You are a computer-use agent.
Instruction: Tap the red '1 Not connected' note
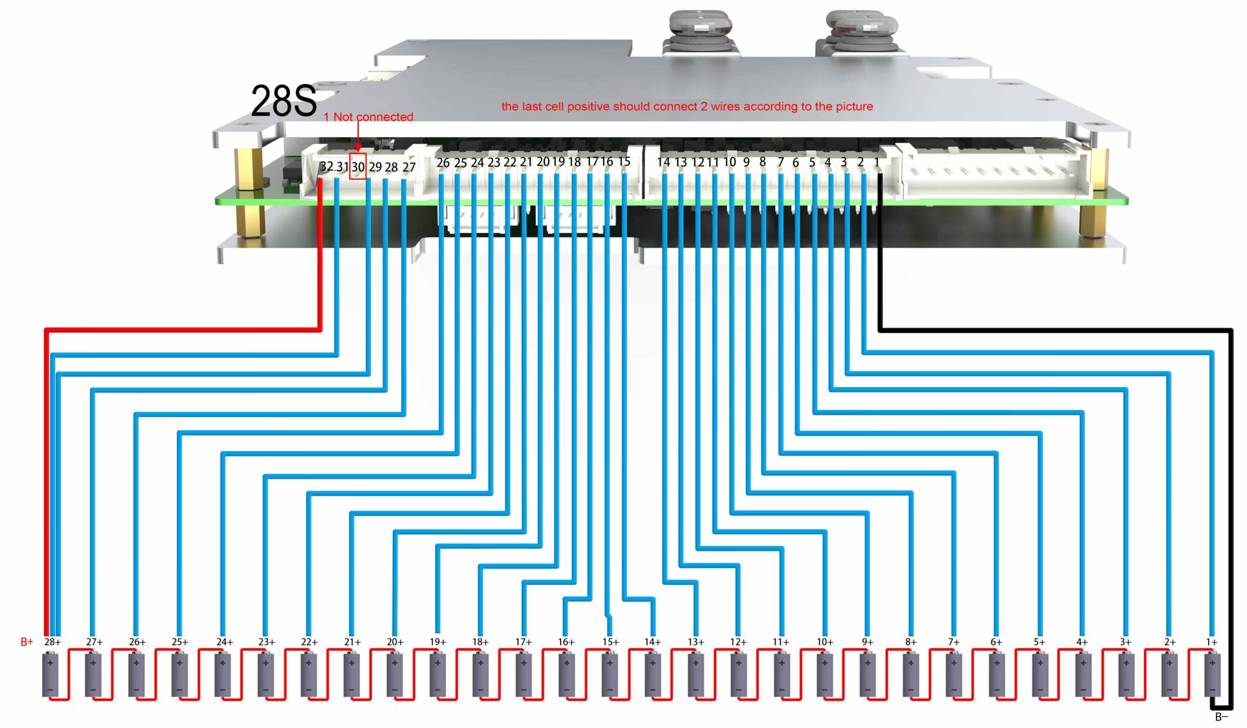[x=368, y=117]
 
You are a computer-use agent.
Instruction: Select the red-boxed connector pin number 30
[x=358, y=167]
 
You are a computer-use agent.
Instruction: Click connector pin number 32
[x=326, y=166]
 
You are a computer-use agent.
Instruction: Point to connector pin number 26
[x=443, y=162]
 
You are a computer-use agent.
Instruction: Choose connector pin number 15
[x=624, y=162]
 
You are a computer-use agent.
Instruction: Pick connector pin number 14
[x=663, y=162]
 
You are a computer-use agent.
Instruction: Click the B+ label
[x=27, y=642]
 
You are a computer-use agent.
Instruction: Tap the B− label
[x=1221, y=717]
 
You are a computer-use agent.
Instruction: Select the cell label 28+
[x=53, y=642]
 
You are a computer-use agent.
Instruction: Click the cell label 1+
[x=1212, y=642]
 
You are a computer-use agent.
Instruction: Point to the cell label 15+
[x=610, y=642]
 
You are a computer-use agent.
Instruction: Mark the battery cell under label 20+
[x=394, y=675]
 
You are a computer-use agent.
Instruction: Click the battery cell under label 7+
[x=954, y=675]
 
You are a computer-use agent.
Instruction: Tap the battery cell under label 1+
[x=1212, y=675]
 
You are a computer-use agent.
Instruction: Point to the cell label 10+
[x=825, y=642]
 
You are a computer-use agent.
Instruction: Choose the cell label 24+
[x=224, y=642]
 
